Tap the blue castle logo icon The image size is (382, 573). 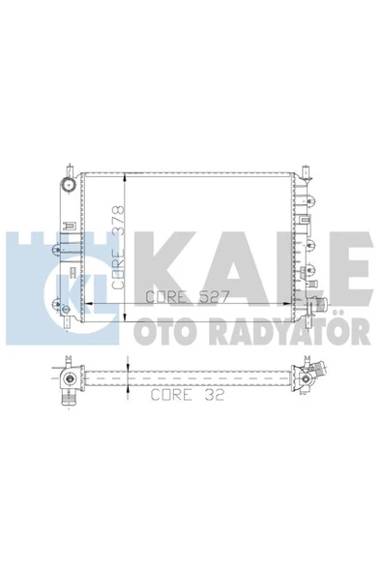(x=57, y=281)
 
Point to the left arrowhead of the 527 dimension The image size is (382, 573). (x=88, y=303)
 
